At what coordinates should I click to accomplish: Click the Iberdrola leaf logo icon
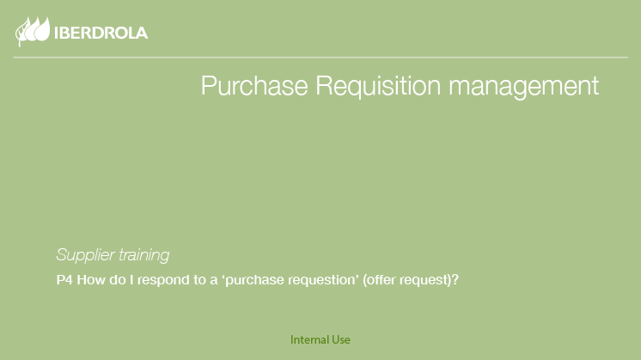click(x=33, y=31)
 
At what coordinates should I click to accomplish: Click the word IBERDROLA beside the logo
click(x=101, y=34)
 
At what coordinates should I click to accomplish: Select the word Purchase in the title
click(x=254, y=85)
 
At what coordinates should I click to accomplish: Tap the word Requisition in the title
click(x=378, y=86)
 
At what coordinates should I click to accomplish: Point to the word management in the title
click(x=523, y=87)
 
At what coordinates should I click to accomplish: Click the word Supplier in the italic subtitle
click(x=85, y=255)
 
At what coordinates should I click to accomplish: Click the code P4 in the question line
click(x=64, y=280)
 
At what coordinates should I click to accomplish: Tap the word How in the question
click(x=91, y=280)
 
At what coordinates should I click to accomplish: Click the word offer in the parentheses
click(x=380, y=280)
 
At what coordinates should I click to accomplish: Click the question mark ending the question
click(x=455, y=280)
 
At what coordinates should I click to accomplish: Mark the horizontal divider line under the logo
click(x=320, y=58)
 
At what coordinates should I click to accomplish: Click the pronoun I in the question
click(x=131, y=280)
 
